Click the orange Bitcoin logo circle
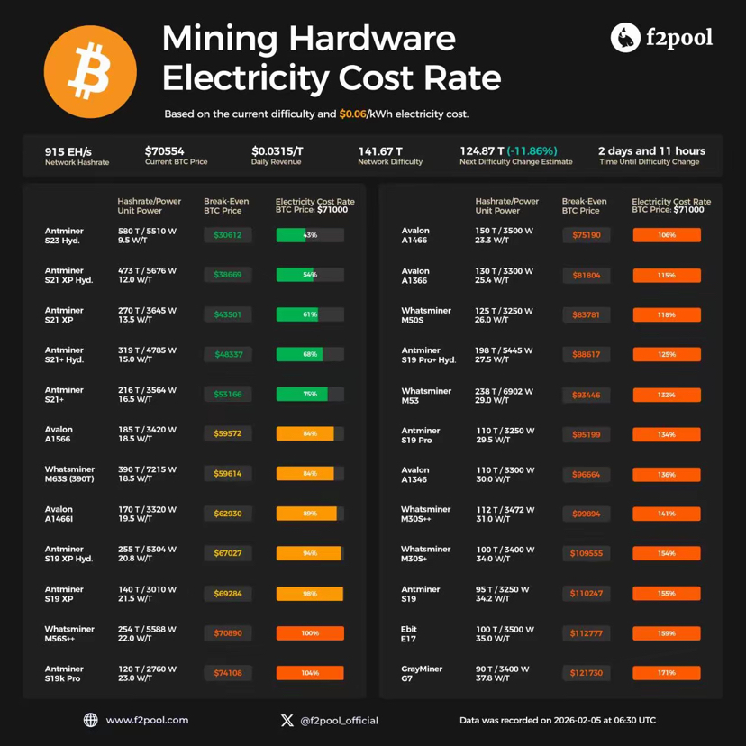[x=90, y=72]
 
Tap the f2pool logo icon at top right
[x=624, y=37]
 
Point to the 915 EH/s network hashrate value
[x=68, y=151]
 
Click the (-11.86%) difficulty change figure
[x=532, y=151]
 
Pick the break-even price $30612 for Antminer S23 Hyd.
[x=228, y=235]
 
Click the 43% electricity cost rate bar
[x=310, y=235]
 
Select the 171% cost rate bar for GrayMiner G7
[x=667, y=673]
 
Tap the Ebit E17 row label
[x=410, y=633]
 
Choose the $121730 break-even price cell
[x=586, y=673]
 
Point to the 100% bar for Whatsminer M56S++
[x=310, y=633]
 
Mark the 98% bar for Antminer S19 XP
[x=310, y=594]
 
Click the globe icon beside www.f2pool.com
[x=90, y=720]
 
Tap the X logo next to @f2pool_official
[x=287, y=720]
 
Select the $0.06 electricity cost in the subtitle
[x=352, y=114]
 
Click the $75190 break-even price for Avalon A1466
[x=586, y=235]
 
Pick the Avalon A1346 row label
[x=415, y=475]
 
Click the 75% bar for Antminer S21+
[x=310, y=394]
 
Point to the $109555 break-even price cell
[x=586, y=553]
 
